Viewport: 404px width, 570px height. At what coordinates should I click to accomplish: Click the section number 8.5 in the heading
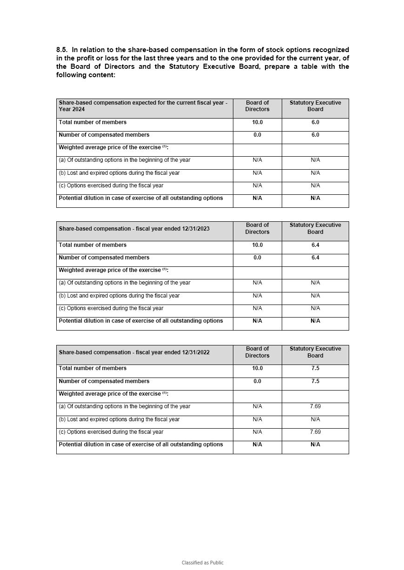pyautogui.click(x=62, y=50)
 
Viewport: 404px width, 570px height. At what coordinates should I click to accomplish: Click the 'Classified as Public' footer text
pyautogui.click(x=202, y=563)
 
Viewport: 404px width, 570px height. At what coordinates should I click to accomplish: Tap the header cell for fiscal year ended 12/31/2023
pyautogui.click(x=134, y=229)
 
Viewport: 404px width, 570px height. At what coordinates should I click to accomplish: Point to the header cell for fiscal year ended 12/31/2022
pyautogui.click(x=134, y=352)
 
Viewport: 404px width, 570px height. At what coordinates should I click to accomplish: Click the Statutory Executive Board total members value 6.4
pyautogui.click(x=315, y=245)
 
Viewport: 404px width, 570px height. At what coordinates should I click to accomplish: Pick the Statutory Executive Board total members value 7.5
pyautogui.click(x=315, y=368)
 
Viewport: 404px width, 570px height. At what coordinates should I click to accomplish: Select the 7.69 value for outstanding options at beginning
pyautogui.click(x=315, y=406)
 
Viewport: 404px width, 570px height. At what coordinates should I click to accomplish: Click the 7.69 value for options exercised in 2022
pyautogui.click(x=315, y=432)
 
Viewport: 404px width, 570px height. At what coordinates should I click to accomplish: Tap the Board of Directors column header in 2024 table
pyautogui.click(x=257, y=106)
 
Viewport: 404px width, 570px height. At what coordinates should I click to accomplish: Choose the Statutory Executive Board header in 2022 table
pyautogui.click(x=315, y=352)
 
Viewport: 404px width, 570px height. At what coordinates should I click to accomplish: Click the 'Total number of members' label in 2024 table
pyautogui.click(x=93, y=122)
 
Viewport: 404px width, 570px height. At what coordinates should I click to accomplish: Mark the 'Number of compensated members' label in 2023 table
pyautogui.click(x=104, y=258)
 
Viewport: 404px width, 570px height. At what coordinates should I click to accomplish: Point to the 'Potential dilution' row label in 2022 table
pyautogui.click(x=141, y=444)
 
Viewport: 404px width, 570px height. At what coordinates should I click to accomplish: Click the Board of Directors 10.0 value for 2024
pyautogui.click(x=257, y=122)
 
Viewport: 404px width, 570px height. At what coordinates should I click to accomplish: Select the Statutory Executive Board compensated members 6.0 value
pyautogui.click(x=315, y=135)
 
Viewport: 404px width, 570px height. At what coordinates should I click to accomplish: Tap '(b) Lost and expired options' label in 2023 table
pyautogui.click(x=119, y=296)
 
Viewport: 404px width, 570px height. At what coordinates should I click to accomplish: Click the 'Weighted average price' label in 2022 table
pyautogui.click(x=113, y=394)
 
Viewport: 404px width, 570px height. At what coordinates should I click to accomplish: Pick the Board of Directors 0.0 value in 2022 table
pyautogui.click(x=257, y=381)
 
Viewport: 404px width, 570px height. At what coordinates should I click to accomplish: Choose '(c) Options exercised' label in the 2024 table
pyautogui.click(x=111, y=186)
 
